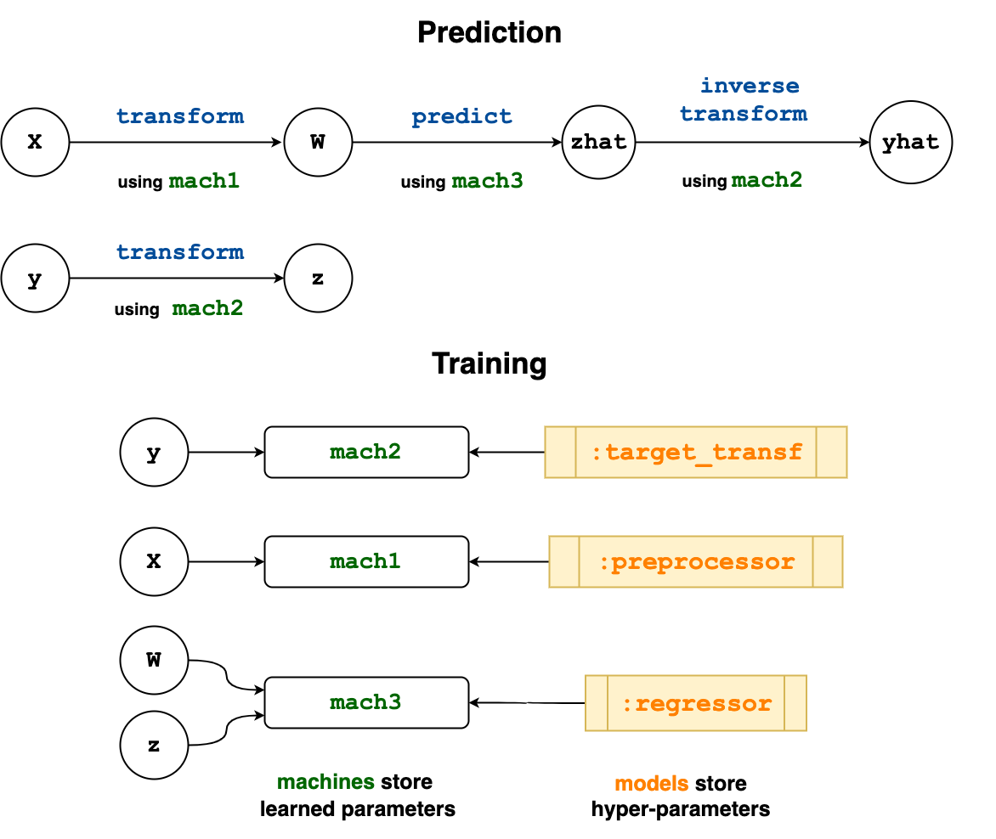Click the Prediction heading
490,32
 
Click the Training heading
490,363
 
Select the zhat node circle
598,142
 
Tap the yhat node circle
910,142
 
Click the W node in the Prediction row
318,142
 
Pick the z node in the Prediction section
318,278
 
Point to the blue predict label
461,117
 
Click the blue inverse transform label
744,99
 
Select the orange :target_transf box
695,452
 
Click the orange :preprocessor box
695,561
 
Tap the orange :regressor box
695,703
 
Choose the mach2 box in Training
366,452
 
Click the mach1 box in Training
366,561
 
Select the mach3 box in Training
366,702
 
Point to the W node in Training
154,660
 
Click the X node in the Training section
154,561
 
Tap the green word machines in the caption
325,782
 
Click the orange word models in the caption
652,784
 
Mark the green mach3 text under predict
487,181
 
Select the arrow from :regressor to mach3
527,702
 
